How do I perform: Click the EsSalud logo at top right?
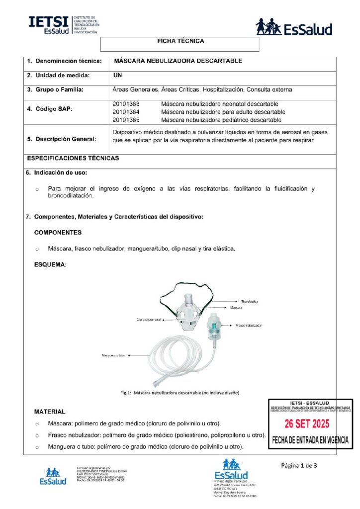[294, 27]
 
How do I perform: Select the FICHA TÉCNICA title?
[180, 41]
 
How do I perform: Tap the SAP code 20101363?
[126, 104]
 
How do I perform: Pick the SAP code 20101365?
[126, 120]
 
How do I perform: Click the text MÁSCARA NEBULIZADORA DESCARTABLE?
[178, 61]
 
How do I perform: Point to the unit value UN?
[118, 76]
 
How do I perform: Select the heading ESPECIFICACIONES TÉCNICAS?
[73, 158]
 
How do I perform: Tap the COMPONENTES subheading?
[58, 233]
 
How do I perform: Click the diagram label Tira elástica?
[249, 301]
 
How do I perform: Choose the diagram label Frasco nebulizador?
[248, 325]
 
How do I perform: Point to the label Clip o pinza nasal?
[148, 319]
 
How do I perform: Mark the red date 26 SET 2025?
[310, 424]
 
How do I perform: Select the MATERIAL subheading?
[49, 412]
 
